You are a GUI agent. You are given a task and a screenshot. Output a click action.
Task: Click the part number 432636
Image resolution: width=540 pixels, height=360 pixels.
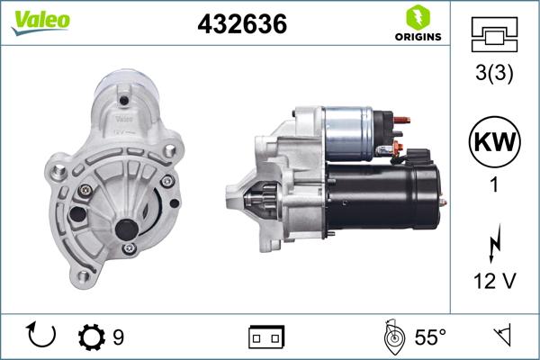241,24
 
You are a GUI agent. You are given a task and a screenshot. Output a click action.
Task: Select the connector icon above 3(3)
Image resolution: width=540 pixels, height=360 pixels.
495,33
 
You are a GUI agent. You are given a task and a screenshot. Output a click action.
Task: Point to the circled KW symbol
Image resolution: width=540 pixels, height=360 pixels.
495,141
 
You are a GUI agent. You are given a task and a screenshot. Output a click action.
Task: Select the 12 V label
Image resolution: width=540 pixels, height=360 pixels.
495,282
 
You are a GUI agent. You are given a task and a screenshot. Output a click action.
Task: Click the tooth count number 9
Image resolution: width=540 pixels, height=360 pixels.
118,337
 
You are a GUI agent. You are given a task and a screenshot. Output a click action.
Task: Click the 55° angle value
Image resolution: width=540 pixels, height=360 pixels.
430,337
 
